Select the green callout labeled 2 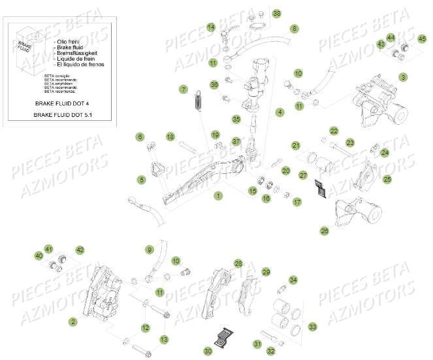(73, 321)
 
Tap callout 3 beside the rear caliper (403, 76)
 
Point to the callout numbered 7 (184, 89)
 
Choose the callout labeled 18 (170, 137)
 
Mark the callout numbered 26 (325, 230)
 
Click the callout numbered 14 (211, 27)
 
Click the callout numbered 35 (237, 120)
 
